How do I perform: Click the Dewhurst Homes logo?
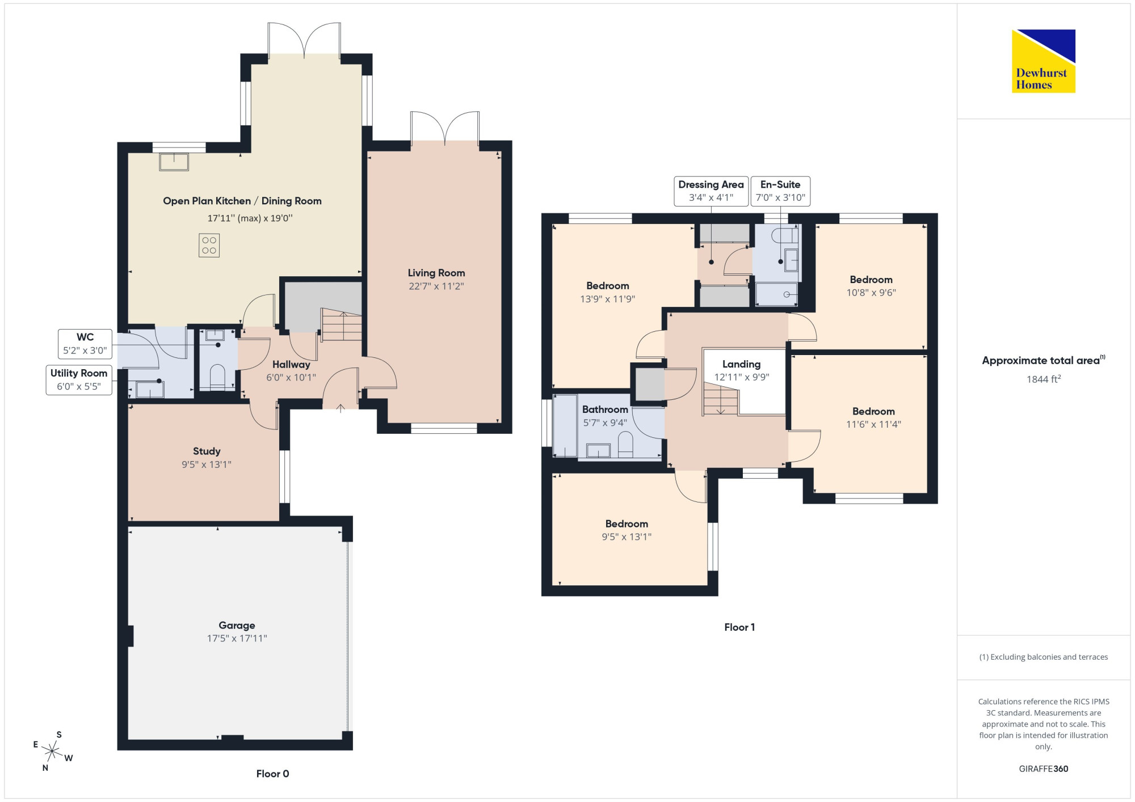(x=1044, y=61)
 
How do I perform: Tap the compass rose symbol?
(x=52, y=752)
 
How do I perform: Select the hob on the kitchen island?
(x=209, y=246)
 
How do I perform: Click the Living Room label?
(x=436, y=273)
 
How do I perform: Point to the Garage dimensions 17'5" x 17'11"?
(x=237, y=638)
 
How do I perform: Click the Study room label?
(x=207, y=451)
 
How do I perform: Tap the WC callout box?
(x=85, y=344)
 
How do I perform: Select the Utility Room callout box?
(x=79, y=380)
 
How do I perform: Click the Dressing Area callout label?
(x=711, y=191)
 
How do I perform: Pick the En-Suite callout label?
(x=780, y=191)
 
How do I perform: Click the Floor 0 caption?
(x=273, y=774)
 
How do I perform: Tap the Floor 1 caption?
(x=739, y=627)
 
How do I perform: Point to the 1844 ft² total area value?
(x=1044, y=379)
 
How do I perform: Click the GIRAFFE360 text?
(x=1044, y=769)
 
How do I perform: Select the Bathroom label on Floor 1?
(x=605, y=410)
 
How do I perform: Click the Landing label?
(x=741, y=364)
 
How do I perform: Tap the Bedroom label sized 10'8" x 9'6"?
(x=871, y=280)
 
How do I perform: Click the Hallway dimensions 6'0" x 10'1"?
(x=291, y=377)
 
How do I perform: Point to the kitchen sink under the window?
(x=174, y=162)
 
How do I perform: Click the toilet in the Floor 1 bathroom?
(x=625, y=445)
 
